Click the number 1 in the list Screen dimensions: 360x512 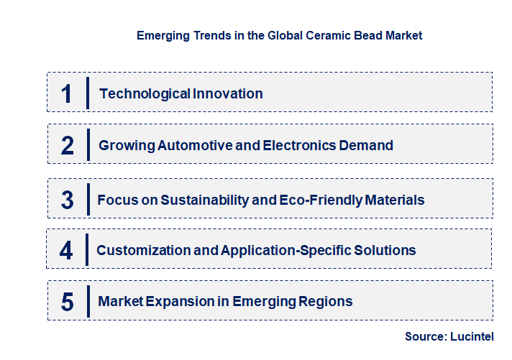(x=67, y=93)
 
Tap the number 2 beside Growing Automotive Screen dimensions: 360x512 (x=68, y=146)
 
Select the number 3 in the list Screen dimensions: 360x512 (x=67, y=200)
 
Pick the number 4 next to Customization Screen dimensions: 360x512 (x=66, y=251)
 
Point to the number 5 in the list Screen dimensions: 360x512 (x=67, y=302)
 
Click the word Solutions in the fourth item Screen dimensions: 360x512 (x=386, y=251)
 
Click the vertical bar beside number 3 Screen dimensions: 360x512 (x=87, y=200)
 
